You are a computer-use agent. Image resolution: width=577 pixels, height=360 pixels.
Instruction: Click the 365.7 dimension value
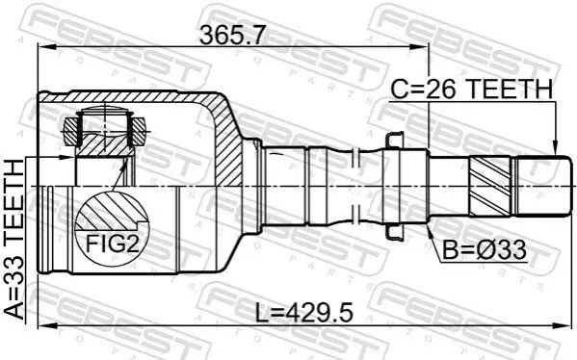coord(232,36)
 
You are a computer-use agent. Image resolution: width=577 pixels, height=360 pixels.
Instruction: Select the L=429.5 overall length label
coord(304,312)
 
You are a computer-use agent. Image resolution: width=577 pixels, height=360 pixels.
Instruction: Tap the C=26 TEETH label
coord(471,90)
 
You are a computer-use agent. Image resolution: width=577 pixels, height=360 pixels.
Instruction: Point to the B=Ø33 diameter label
coord(485,250)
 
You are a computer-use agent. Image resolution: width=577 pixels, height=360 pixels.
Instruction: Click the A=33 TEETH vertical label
coord(14,240)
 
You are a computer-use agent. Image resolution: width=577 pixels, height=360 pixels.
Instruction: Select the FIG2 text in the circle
coord(113,244)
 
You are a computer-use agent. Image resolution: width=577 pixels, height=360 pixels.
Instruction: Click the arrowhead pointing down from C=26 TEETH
coord(556,148)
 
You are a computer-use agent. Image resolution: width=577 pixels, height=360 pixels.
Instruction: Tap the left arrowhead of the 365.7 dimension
coord(46,47)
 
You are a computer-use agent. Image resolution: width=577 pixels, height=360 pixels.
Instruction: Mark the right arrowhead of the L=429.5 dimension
coord(563,325)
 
